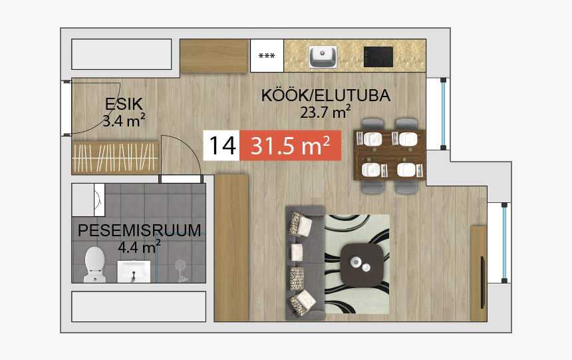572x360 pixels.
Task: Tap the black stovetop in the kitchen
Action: (x=378, y=56)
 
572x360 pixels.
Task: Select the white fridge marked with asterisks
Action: (x=267, y=56)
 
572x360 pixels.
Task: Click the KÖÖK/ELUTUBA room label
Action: (x=325, y=96)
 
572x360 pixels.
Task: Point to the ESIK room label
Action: (x=124, y=104)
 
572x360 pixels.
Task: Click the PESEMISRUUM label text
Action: (x=140, y=231)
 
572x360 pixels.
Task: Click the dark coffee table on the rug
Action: (x=362, y=264)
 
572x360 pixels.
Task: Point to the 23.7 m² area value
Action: (x=325, y=112)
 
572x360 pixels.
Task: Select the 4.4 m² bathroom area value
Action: (x=139, y=248)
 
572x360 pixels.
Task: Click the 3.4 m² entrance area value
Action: (x=124, y=120)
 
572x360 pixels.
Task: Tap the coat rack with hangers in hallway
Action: (x=115, y=158)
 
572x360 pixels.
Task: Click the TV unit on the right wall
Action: (x=479, y=273)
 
